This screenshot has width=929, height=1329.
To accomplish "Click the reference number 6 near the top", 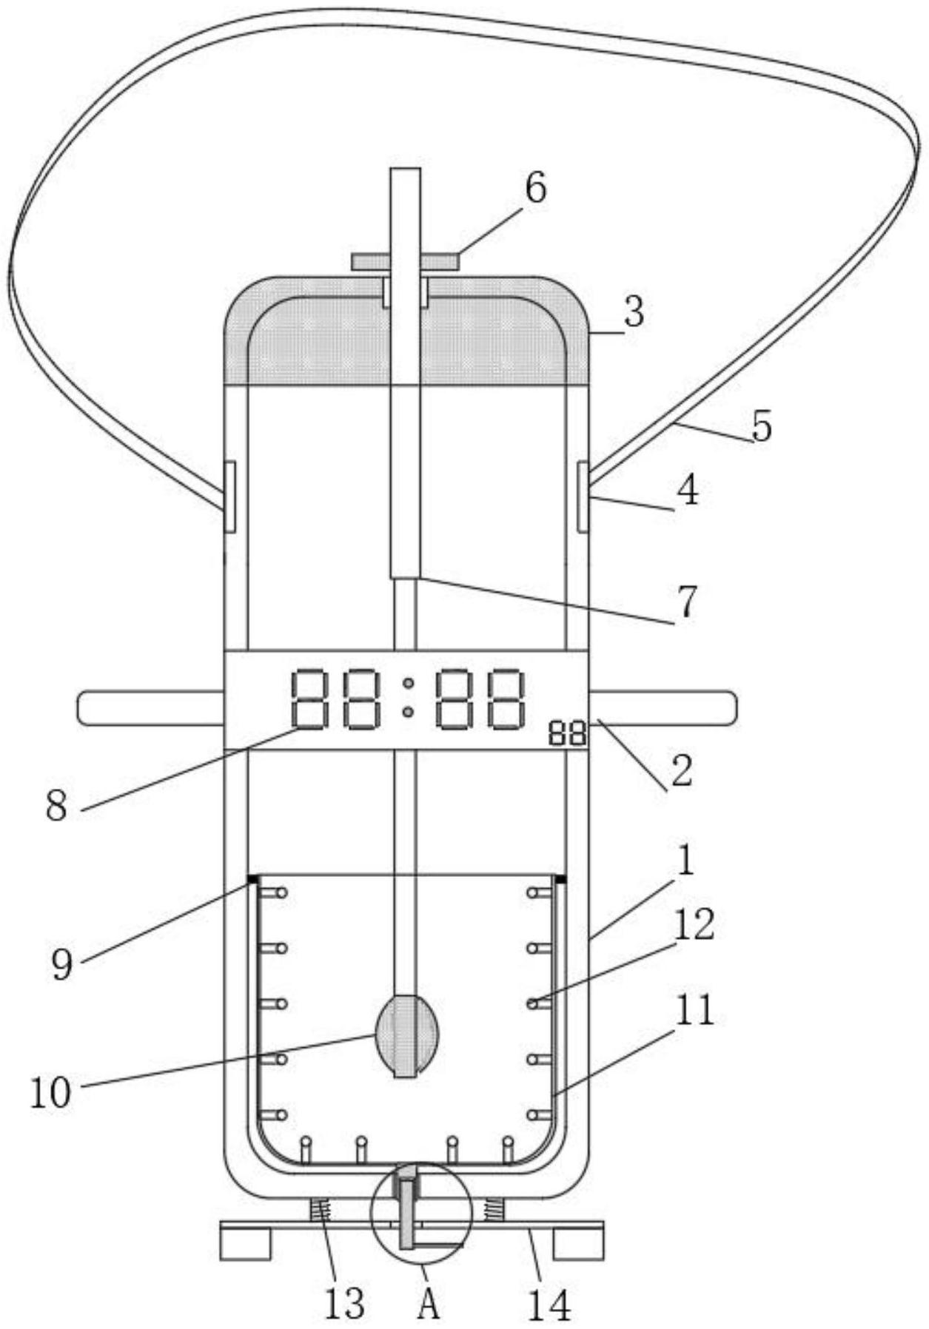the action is pos(536,188).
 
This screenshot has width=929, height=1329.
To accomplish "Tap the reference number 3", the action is pos(633,312).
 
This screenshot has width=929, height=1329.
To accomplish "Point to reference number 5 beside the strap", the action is pos(761,426).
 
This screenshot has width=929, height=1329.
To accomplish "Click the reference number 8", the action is pos(57,805).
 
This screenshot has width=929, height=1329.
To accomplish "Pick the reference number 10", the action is pos(51,1092).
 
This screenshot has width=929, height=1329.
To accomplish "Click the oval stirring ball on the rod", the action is pos(406,1035).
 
